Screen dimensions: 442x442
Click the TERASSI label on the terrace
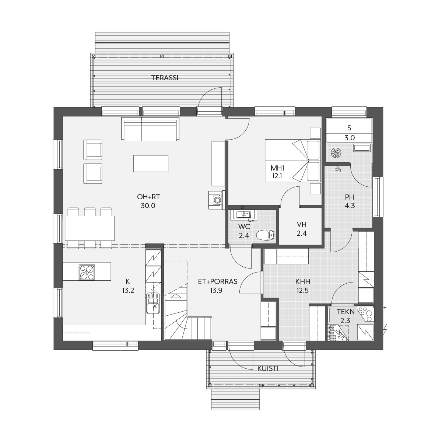[165, 78]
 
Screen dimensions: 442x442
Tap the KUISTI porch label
[268, 368]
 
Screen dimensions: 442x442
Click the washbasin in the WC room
[243, 215]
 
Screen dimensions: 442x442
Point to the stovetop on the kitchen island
[87, 272]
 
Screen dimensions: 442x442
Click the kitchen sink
[153, 303]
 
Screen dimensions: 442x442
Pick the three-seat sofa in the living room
[150, 129]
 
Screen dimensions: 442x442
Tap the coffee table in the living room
[151, 163]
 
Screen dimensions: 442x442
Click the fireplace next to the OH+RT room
[217, 200]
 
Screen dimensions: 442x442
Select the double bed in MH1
[293, 161]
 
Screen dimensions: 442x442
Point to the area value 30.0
[148, 206]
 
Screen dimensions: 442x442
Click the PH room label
[350, 197]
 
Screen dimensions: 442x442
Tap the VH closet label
[302, 224]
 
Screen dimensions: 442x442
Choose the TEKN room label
[345, 312]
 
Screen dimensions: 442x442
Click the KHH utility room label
[302, 281]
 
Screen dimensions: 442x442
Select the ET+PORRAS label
[218, 281]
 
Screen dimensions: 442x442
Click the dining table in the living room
[90, 228]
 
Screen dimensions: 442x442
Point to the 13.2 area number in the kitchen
[128, 290]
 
